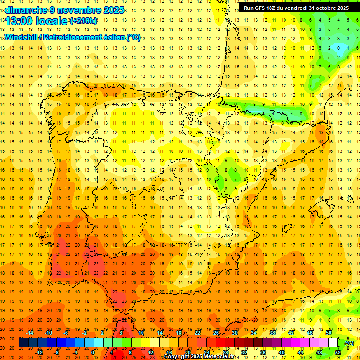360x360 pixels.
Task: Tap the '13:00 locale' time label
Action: (37, 21)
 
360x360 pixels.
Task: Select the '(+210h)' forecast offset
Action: (83, 21)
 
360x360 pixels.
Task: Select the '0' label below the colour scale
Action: (93, 352)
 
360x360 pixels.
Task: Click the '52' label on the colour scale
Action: (338, 352)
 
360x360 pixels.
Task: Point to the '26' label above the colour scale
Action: (216, 333)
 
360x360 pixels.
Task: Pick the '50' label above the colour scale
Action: (329, 333)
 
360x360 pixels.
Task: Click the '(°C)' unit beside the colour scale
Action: (349, 343)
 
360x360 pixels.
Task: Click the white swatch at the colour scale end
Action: (333, 343)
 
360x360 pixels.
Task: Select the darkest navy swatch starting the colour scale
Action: (23, 343)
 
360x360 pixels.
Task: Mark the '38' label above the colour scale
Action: (272, 333)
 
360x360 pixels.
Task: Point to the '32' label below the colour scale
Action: (244, 352)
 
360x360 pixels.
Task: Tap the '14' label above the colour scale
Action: (160, 333)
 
